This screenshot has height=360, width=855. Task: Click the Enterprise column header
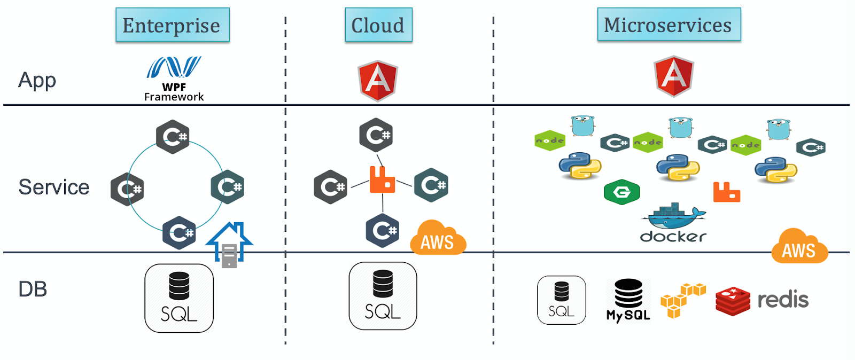tap(172, 25)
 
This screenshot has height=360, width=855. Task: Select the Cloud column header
tap(378, 25)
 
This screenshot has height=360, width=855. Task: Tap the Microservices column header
tap(669, 25)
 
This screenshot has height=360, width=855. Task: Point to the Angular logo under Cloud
tap(378, 80)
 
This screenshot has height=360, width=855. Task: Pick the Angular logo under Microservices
tap(674, 76)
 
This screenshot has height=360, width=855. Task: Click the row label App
tap(37, 80)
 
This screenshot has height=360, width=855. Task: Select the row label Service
tap(53, 187)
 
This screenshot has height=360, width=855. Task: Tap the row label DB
tap(33, 289)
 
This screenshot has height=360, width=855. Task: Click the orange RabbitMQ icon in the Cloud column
tap(382, 180)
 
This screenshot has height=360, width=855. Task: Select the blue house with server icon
tap(229, 244)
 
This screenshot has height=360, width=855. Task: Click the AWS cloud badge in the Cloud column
tap(438, 238)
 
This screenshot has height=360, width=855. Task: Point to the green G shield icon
tap(621, 192)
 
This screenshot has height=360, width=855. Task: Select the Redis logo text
tap(783, 300)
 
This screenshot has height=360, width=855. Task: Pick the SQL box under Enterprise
tap(179, 298)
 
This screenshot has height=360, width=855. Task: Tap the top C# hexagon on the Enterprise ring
tap(173, 137)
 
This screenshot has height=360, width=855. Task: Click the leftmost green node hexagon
tap(550, 140)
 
